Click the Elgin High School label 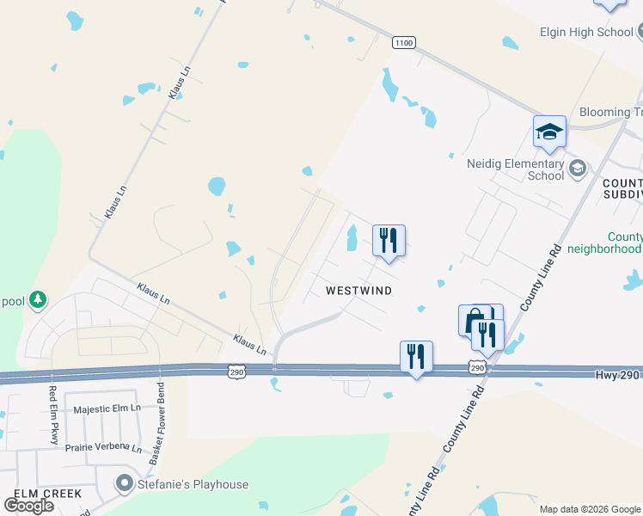pos(586,33)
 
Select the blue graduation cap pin pos(549,132)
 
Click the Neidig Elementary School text pos(515,169)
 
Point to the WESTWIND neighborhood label pos(359,291)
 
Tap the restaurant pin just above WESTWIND pos(389,241)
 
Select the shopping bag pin pos(473,321)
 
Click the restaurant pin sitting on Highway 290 pos(416,356)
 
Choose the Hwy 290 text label pos(618,375)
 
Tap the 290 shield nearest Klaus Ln pos(238,371)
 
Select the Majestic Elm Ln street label pos(107,410)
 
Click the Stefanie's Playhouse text pos(193,485)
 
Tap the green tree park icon pos(37,299)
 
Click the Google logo pos(28,506)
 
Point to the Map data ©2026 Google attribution pos(590,509)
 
